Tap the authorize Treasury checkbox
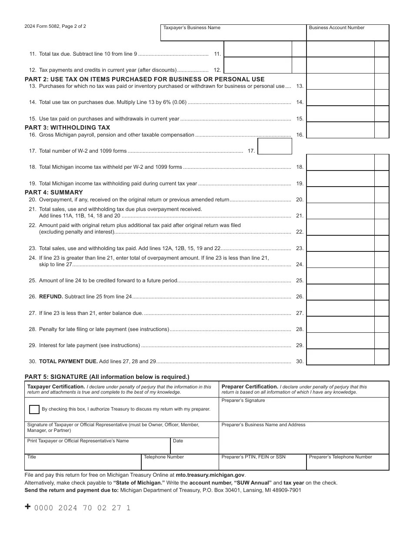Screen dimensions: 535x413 point(34,409)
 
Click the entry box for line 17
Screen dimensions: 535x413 point(275,146)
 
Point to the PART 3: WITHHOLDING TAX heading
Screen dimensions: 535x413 point(67,127)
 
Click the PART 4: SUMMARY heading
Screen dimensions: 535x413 point(53,192)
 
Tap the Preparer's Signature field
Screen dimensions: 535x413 point(303,411)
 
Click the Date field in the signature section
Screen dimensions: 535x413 point(194,447)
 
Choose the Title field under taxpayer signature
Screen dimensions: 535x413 point(83,463)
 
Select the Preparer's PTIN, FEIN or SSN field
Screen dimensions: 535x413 point(262,463)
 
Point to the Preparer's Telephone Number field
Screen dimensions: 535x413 point(347,463)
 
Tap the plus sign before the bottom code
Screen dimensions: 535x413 point(28,507)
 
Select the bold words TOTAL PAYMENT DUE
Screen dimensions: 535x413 point(68,361)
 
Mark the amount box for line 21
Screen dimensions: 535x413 point(340,211)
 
